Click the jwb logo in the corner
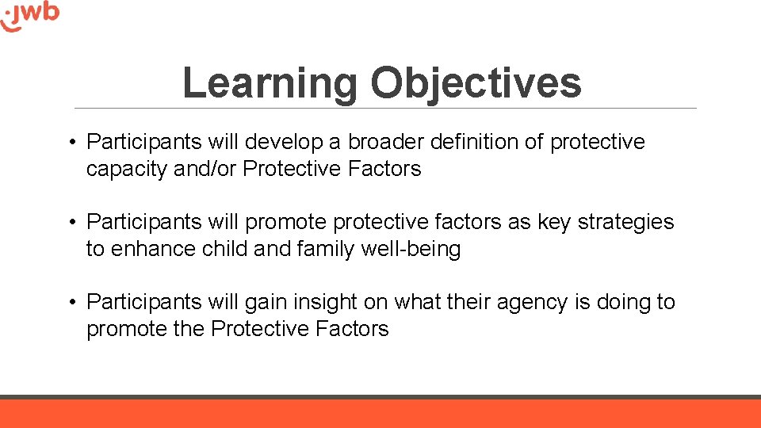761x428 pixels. tap(30, 16)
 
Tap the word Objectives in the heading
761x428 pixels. tap(476, 82)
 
